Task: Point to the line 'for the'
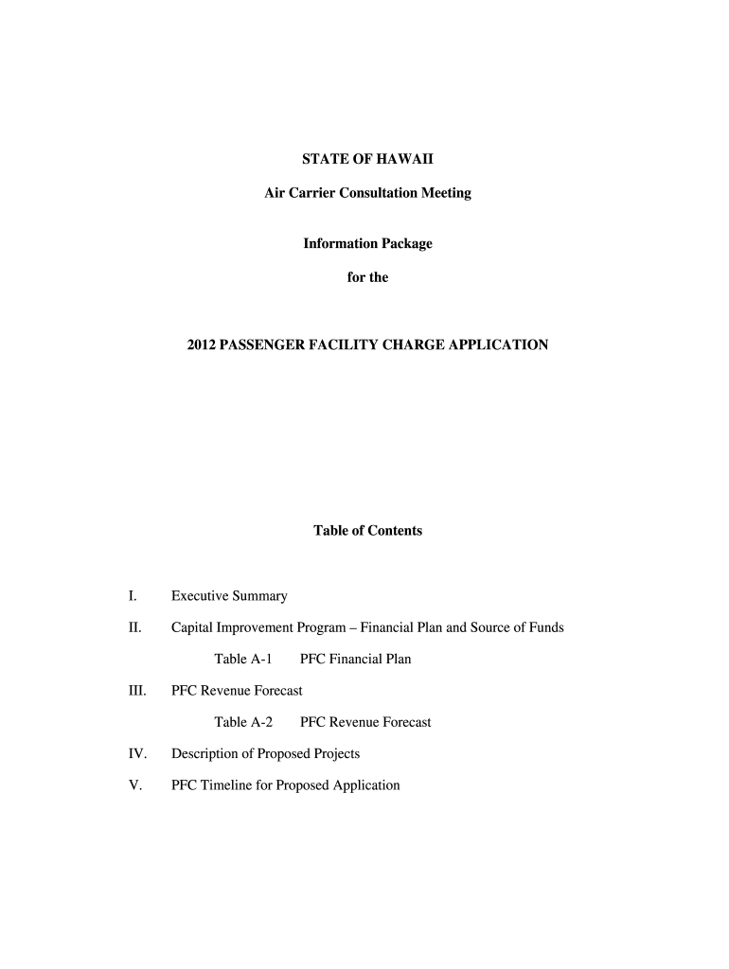(x=367, y=278)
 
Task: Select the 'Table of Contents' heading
(x=367, y=531)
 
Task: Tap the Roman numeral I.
(x=133, y=596)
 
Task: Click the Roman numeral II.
(x=135, y=627)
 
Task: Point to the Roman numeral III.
(x=137, y=691)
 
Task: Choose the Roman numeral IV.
(x=137, y=754)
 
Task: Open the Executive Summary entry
(x=229, y=596)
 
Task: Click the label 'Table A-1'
(x=243, y=659)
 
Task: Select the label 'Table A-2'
(x=243, y=722)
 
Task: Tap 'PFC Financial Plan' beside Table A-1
(x=355, y=659)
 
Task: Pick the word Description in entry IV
(x=205, y=754)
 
